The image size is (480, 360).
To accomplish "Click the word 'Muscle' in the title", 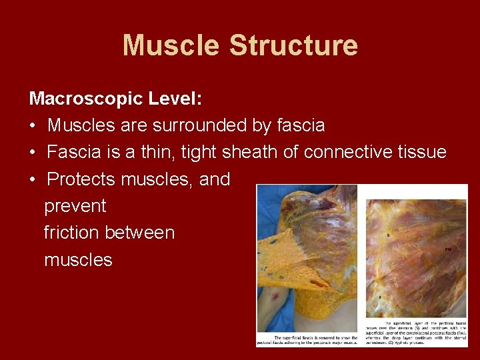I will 171,45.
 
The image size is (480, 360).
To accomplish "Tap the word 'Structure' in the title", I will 293,45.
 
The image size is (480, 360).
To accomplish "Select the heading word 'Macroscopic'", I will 86,99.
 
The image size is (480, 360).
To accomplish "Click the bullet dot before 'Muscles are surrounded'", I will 33,126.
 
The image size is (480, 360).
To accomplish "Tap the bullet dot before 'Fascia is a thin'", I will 33,153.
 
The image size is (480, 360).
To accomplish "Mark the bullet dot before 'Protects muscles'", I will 33,179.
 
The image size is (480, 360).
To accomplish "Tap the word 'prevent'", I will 75,206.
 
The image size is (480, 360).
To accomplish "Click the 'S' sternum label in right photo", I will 388,235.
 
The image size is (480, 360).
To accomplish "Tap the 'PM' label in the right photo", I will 448,249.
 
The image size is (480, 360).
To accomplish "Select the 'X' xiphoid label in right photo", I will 380,297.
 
